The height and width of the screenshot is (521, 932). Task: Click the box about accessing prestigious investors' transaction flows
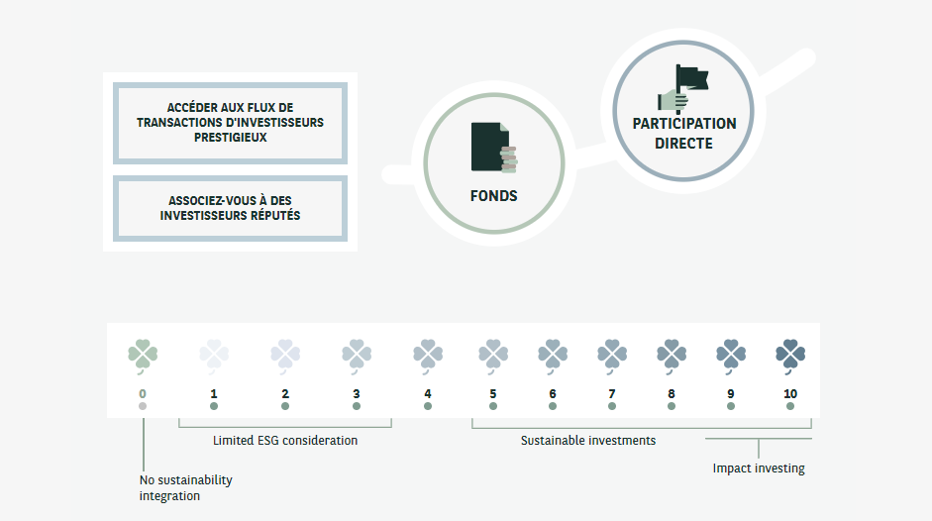tap(231, 123)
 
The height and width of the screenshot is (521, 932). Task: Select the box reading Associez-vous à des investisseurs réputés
tap(231, 207)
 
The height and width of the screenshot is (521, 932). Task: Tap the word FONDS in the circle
tap(493, 196)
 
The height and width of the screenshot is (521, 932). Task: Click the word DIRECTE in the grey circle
tap(683, 143)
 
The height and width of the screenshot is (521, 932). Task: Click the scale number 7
tap(612, 393)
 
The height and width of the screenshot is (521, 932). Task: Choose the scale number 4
tap(428, 393)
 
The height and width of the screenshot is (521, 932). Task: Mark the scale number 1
tap(214, 393)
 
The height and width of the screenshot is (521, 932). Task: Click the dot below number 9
tap(731, 406)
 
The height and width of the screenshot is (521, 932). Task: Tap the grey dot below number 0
tap(143, 406)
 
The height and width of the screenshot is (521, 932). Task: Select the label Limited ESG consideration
tap(285, 440)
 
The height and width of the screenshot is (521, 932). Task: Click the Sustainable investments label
tap(588, 440)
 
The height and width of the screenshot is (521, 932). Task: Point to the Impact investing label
tap(759, 469)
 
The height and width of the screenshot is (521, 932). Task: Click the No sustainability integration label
tap(185, 487)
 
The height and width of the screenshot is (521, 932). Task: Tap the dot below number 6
tap(553, 406)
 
